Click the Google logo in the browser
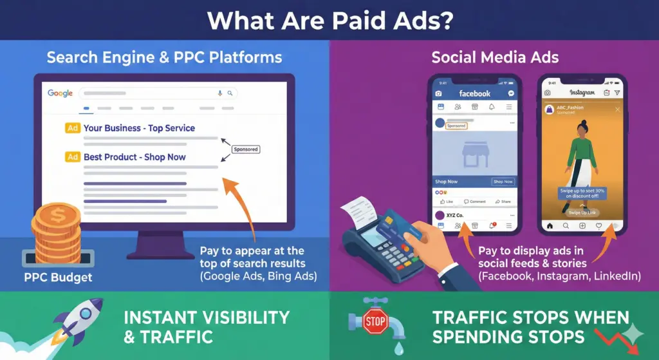(60, 93)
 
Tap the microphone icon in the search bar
(220, 93)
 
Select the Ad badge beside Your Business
(73, 128)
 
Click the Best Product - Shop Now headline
(135, 157)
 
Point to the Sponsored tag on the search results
(245, 149)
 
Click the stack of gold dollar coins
(56, 232)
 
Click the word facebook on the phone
(475, 93)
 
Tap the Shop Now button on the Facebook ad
(503, 182)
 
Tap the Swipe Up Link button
(581, 212)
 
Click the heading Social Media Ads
(494, 57)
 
